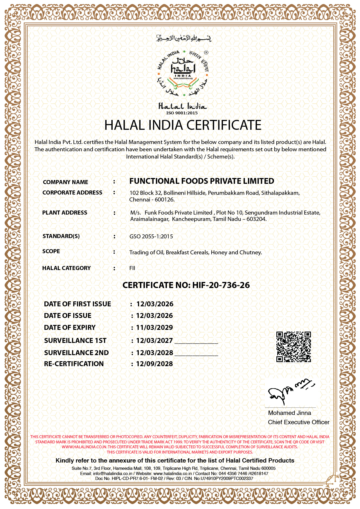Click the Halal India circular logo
(x=183, y=73)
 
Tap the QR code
(x=294, y=347)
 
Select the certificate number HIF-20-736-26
(x=221, y=285)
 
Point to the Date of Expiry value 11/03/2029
(x=154, y=328)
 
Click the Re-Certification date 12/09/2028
(x=154, y=364)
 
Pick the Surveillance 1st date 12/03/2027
(x=154, y=341)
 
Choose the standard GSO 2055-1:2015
(x=151, y=236)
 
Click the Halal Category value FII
(x=132, y=268)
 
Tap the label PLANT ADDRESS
(x=65, y=213)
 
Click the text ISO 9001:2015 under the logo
(x=182, y=113)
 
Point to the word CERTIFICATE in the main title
(x=224, y=125)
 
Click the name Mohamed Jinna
(x=289, y=413)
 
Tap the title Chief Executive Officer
(x=298, y=422)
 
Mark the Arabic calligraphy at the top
(x=183, y=38)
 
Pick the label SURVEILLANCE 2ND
(x=76, y=353)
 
